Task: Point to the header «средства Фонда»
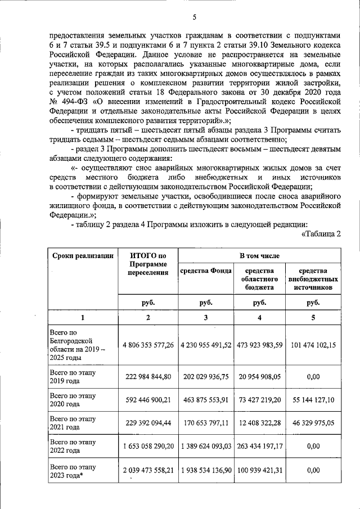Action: [x=206, y=270]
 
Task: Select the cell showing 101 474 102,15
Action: [x=313, y=345]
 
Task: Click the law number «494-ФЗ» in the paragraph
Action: [x=73, y=102]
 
